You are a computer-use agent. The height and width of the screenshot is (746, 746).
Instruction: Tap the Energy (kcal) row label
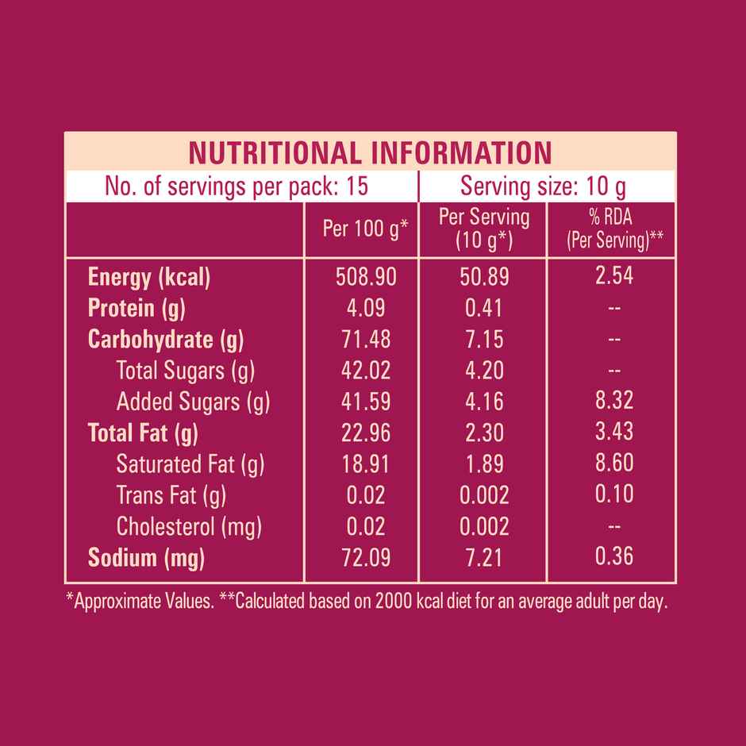[x=148, y=277]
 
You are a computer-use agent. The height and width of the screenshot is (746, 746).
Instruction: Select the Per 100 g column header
[x=365, y=229]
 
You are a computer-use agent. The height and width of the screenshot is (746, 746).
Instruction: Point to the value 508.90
[x=366, y=277]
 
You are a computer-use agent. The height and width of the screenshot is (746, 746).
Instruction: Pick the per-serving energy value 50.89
[x=484, y=277]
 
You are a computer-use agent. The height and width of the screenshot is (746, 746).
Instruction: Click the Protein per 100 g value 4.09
[x=366, y=308]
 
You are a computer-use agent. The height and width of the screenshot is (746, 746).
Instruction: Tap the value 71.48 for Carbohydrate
[x=366, y=339]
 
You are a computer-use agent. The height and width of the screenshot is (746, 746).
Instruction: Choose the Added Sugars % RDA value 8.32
[x=614, y=401]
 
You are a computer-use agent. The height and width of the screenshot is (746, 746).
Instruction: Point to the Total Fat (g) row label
[x=143, y=433]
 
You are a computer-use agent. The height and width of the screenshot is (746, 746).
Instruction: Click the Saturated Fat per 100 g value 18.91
[x=366, y=463]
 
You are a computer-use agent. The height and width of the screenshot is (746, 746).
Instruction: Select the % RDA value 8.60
[x=614, y=463]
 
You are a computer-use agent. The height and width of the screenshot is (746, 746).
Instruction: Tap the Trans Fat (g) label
[x=171, y=495]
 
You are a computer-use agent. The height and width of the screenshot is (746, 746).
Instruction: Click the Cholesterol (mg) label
[x=189, y=526]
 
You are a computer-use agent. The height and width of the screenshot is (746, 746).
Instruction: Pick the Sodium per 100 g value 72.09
[x=366, y=558]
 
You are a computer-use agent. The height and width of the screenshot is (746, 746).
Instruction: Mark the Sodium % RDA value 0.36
[x=614, y=556]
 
